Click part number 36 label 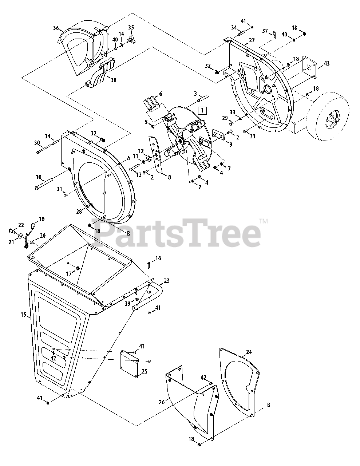[x=56, y=28]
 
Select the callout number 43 [x=327, y=63]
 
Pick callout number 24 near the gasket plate [x=249, y=352]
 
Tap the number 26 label [x=162, y=402]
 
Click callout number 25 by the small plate [x=145, y=371]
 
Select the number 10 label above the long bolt [x=39, y=177]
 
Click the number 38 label [x=114, y=80]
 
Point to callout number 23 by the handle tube [x=166, y=281]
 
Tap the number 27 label [x=252, y=40]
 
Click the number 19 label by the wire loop [x=42, y=219]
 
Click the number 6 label [x=161, y=94]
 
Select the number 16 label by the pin [x=158, y=258]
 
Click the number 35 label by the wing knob [x=131, y=27]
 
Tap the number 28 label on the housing [x=78, y=212]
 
